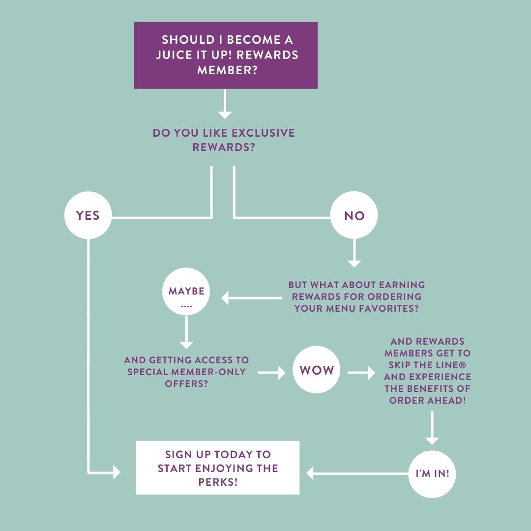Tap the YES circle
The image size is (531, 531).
[x=88, y=215]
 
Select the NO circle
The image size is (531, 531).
[x=354, y=215]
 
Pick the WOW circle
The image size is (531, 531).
[x=317, y=370]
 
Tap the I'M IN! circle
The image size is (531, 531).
[x=432, y=474]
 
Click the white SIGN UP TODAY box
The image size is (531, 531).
[x=218, y=468]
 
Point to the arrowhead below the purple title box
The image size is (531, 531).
[x=225, y=115]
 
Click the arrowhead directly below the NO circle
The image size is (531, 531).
[x=354, y=263]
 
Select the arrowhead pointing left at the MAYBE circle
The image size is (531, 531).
[x=226, y=297]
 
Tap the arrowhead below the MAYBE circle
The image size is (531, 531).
[x=186, y=345]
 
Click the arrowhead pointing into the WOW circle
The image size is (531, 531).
[x=281, y=373]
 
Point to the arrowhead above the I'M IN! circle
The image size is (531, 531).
[x=432, y=440]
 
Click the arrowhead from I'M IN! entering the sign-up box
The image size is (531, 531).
[x=310, y=473]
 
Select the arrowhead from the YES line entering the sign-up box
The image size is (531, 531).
[x=117, y=472]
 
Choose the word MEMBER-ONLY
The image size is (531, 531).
[x=217, y=371]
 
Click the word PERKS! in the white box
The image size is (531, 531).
[x=218, y=482]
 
